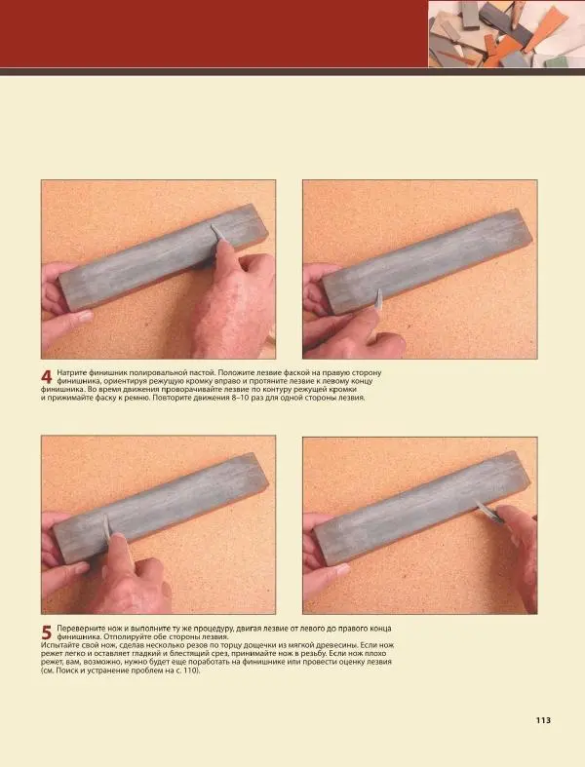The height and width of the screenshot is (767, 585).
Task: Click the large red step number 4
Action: click(x=46, y=376)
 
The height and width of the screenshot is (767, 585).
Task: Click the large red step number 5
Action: click(x=46, y=633)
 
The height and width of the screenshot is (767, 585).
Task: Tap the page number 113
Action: click(x=543, y=720)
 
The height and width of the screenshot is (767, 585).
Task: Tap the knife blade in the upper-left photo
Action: click(x=216, y=233)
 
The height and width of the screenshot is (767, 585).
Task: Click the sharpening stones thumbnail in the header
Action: click(x=507, y=34)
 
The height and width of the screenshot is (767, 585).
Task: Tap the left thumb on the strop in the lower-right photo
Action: click(x=327, y=574)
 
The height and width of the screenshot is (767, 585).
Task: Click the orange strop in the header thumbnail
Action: click(x=547, y=28)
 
